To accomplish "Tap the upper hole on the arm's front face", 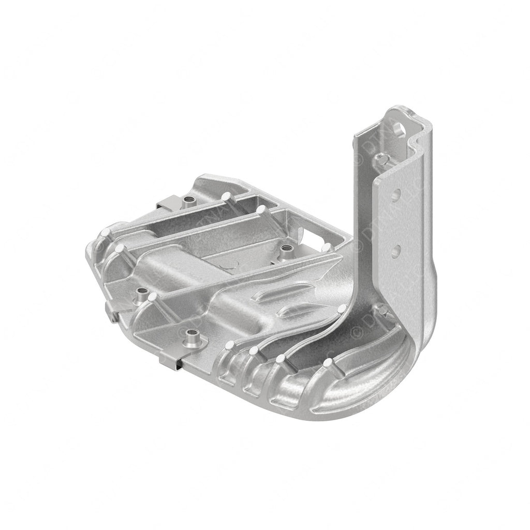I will pyautogui.click(x=396, y=196).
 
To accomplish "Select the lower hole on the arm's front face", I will pyautogui.click(x=395, y=252).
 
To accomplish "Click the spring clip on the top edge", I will pyautogui.click(x=169, y=203).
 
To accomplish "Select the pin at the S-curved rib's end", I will pyautogui.click(x=342, y=310).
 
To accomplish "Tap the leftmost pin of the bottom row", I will pyautogui.click(x=229, y=345).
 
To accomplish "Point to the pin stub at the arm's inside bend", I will pyautogui.click(x=382, y=310).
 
